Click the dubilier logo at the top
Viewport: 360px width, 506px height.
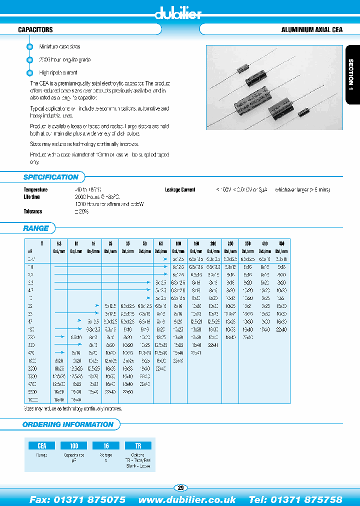pos(178,13)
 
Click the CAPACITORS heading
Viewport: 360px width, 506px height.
pos(35,30)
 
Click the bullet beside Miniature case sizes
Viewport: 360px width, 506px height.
pos(29,46)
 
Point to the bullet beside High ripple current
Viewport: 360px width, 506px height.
pos(29,72)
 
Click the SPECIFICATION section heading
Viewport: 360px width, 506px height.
pos(51,177)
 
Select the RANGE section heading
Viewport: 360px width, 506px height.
pos(36,228)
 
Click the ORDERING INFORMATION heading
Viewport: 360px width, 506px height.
pos(68,424)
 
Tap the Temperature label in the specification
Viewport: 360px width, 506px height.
pos(35,190)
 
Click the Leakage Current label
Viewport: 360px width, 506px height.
pos(180,190)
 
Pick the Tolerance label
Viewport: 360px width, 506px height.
pos(33,211)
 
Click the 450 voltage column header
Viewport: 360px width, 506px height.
pos(281,242)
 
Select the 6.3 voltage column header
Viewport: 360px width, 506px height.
pos(58,242)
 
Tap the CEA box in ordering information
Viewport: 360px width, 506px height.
pos(42,445)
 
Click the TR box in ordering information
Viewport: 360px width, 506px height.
pos(138,445)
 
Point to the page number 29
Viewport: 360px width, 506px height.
pos(180,487)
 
